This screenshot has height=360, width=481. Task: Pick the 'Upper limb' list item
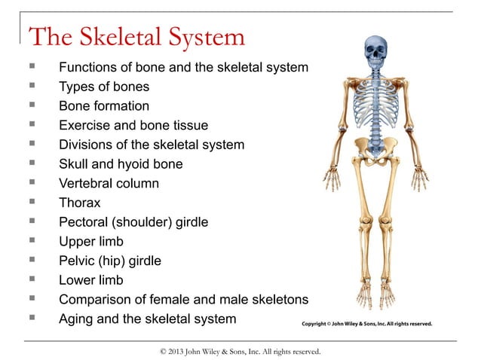(x=90, y=242)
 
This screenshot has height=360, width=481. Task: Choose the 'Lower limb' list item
(x=91, y=280)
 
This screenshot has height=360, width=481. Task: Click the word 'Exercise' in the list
(x=84, y=125)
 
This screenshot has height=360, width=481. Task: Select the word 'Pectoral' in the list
(x=85, y=222)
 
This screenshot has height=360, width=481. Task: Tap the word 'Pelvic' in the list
(x=78, y=261)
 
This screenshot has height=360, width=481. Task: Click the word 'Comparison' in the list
(x=96, y=300)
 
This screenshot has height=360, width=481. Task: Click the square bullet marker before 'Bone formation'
(x=32, y=106)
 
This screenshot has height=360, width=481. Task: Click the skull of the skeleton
(x=375, y=51)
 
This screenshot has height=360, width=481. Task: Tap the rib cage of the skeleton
(x=375, y=109)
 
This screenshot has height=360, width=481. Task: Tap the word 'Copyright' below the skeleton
(x=319, y=325)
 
